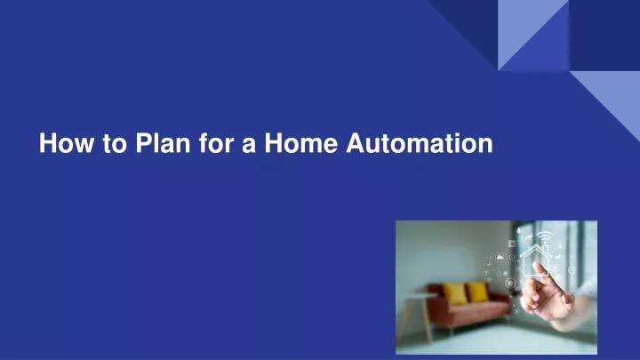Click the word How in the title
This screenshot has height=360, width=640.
point(66,143)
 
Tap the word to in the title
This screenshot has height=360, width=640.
point(115,144)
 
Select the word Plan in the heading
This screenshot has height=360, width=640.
point(163,143)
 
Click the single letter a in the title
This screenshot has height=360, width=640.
point(249,146)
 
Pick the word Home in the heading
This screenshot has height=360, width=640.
point(300,143)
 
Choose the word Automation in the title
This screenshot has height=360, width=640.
point(420,143)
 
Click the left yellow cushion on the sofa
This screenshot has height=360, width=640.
point(454,293)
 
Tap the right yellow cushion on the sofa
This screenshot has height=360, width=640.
point(477,292)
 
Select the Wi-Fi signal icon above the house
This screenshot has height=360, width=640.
point(545,237)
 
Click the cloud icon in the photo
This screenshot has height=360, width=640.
point(500,257)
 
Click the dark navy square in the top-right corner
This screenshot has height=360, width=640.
point(604,36)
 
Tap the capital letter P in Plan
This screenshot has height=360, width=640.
point(145,143)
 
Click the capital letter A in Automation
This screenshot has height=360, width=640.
point(356,143)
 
